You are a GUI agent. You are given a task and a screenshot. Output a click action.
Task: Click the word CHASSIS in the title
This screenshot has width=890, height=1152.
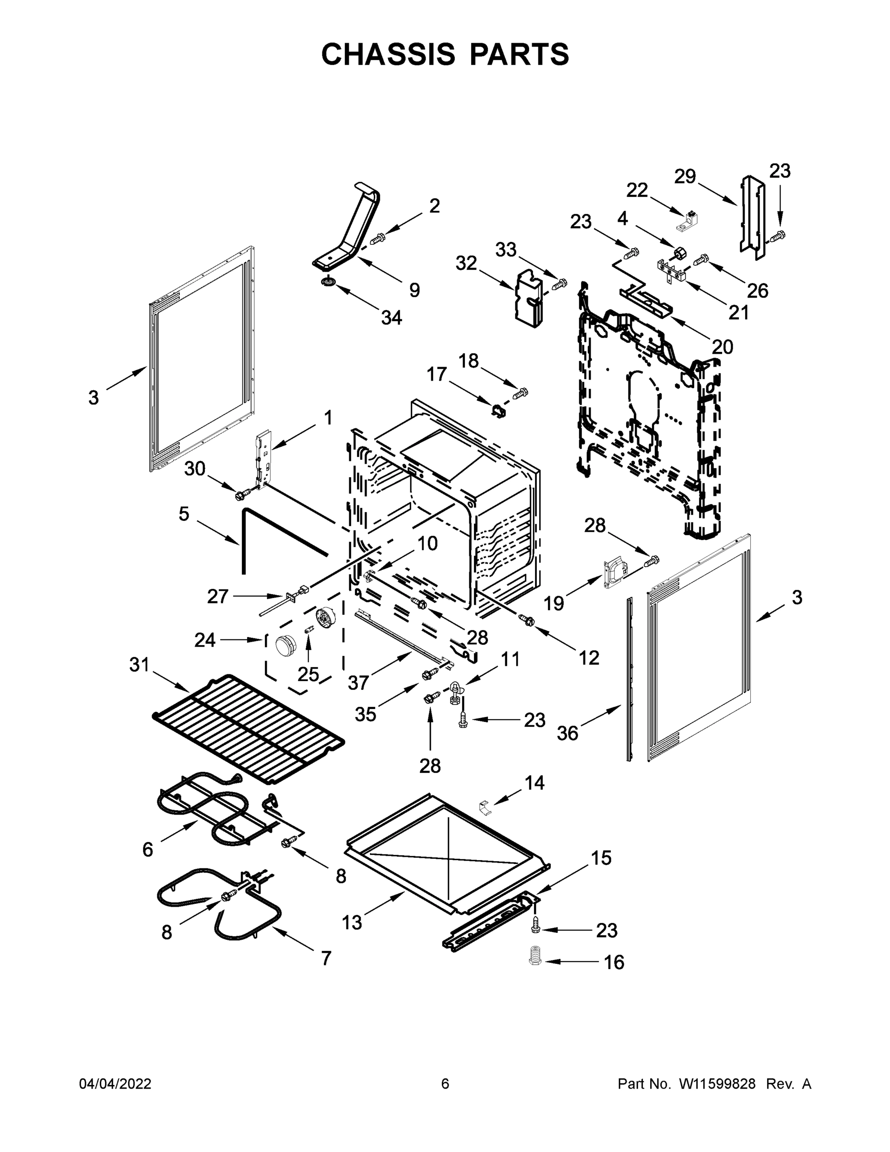[388, 54]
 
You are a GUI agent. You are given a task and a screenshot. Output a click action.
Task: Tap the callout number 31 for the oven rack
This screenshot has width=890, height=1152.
[139, 665]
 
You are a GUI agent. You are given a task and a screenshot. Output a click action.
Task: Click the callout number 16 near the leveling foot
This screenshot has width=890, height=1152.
[614, 962]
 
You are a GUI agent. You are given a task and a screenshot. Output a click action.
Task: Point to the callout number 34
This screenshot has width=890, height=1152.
[391, 318]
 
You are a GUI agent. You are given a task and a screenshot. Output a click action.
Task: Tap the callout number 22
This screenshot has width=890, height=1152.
[637, 190]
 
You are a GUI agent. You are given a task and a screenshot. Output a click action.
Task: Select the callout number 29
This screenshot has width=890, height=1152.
[685, 176]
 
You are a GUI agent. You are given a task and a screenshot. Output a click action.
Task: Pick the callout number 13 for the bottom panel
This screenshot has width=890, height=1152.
[352, 923]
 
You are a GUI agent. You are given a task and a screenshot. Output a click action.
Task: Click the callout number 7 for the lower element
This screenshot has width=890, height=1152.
[326, 959]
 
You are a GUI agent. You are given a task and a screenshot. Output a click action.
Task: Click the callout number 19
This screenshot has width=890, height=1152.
[554, 603]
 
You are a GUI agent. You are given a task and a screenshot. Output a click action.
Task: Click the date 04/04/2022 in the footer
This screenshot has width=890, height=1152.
[115, 1084]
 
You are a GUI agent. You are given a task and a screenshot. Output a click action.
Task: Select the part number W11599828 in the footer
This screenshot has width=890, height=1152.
[717, 1084]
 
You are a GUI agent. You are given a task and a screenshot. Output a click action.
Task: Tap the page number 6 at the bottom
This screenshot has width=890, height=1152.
[445, 1084]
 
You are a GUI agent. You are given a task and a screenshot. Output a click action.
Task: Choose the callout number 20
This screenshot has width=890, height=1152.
[723, 347]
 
